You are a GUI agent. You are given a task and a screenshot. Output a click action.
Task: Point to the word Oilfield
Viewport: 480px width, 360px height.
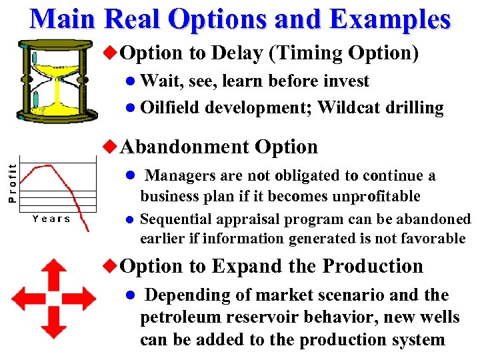[x=171, y=108]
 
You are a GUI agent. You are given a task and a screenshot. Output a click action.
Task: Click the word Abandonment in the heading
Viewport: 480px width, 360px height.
[x=186, y=147]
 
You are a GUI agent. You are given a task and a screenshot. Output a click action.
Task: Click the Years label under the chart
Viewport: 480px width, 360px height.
[x=51, y=219]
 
